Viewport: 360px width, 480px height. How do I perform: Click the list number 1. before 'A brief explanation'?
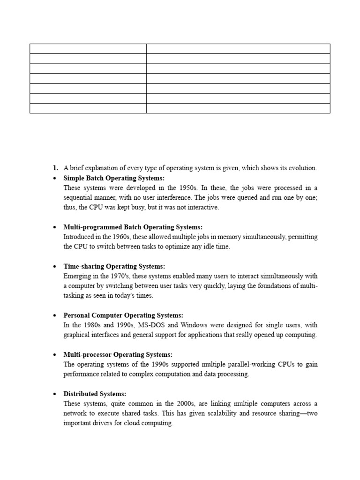(55, 168)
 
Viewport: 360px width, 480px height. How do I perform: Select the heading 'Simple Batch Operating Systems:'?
(114, 178)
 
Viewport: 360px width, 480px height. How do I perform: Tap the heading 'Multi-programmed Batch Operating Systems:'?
(133, 227)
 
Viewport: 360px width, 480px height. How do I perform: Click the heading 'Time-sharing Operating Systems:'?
(114, 266)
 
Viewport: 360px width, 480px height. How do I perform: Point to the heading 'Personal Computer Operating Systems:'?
(123, 315)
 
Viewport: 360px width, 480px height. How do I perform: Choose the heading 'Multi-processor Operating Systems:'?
(118, 354)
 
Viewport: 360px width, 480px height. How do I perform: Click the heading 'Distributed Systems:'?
(95, 394)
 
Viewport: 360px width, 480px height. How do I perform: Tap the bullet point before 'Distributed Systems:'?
(55, 394)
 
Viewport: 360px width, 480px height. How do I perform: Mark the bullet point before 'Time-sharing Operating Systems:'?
(55, 267)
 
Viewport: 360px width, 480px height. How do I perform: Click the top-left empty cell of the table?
(88, 49)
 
